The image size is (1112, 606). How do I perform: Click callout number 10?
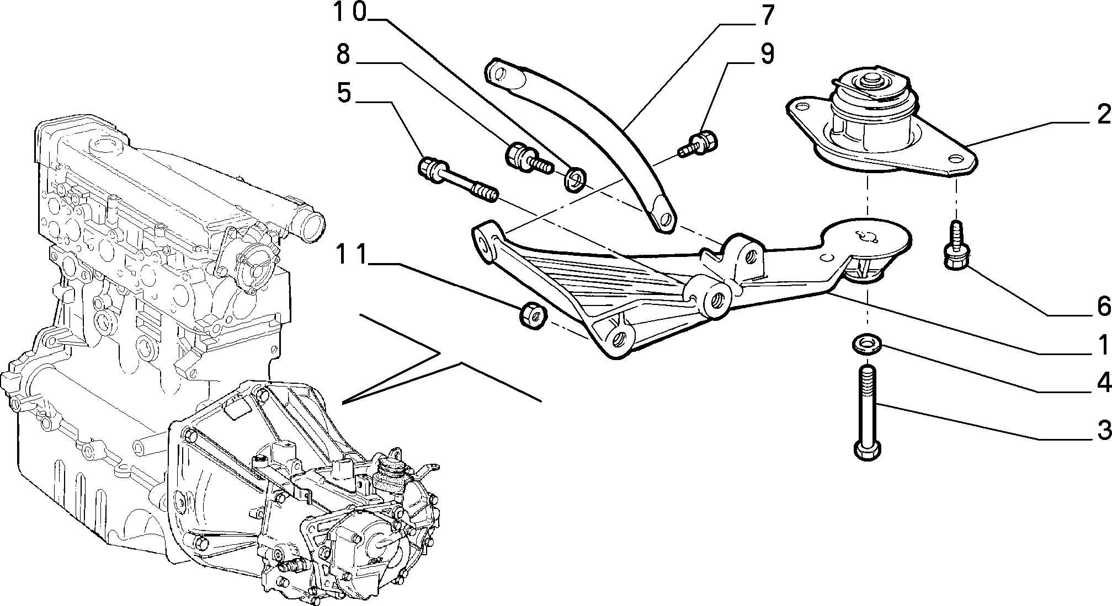click(350, 12)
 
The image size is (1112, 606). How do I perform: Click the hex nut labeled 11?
click(533, 315)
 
